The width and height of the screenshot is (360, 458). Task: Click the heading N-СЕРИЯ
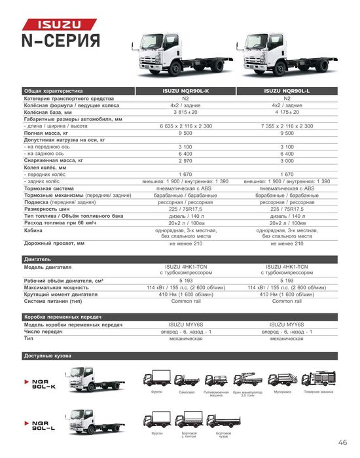click(x=62, y=41)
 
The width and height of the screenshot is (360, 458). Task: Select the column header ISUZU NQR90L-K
click(x=185, y=91)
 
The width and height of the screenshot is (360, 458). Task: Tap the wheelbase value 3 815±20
click(x=185, y=112)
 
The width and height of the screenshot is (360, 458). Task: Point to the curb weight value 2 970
click(x=185, y=160)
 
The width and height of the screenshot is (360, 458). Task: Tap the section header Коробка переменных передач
click(x=63, y=317)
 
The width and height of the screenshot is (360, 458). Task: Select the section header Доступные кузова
click(x=47, y=356)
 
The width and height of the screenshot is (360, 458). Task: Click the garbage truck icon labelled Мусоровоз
click(x=282, y=379)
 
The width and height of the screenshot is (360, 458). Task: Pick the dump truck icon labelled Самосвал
click(x=187, y=379)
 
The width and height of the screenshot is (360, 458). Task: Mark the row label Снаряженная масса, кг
click(x=54, y=160)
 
